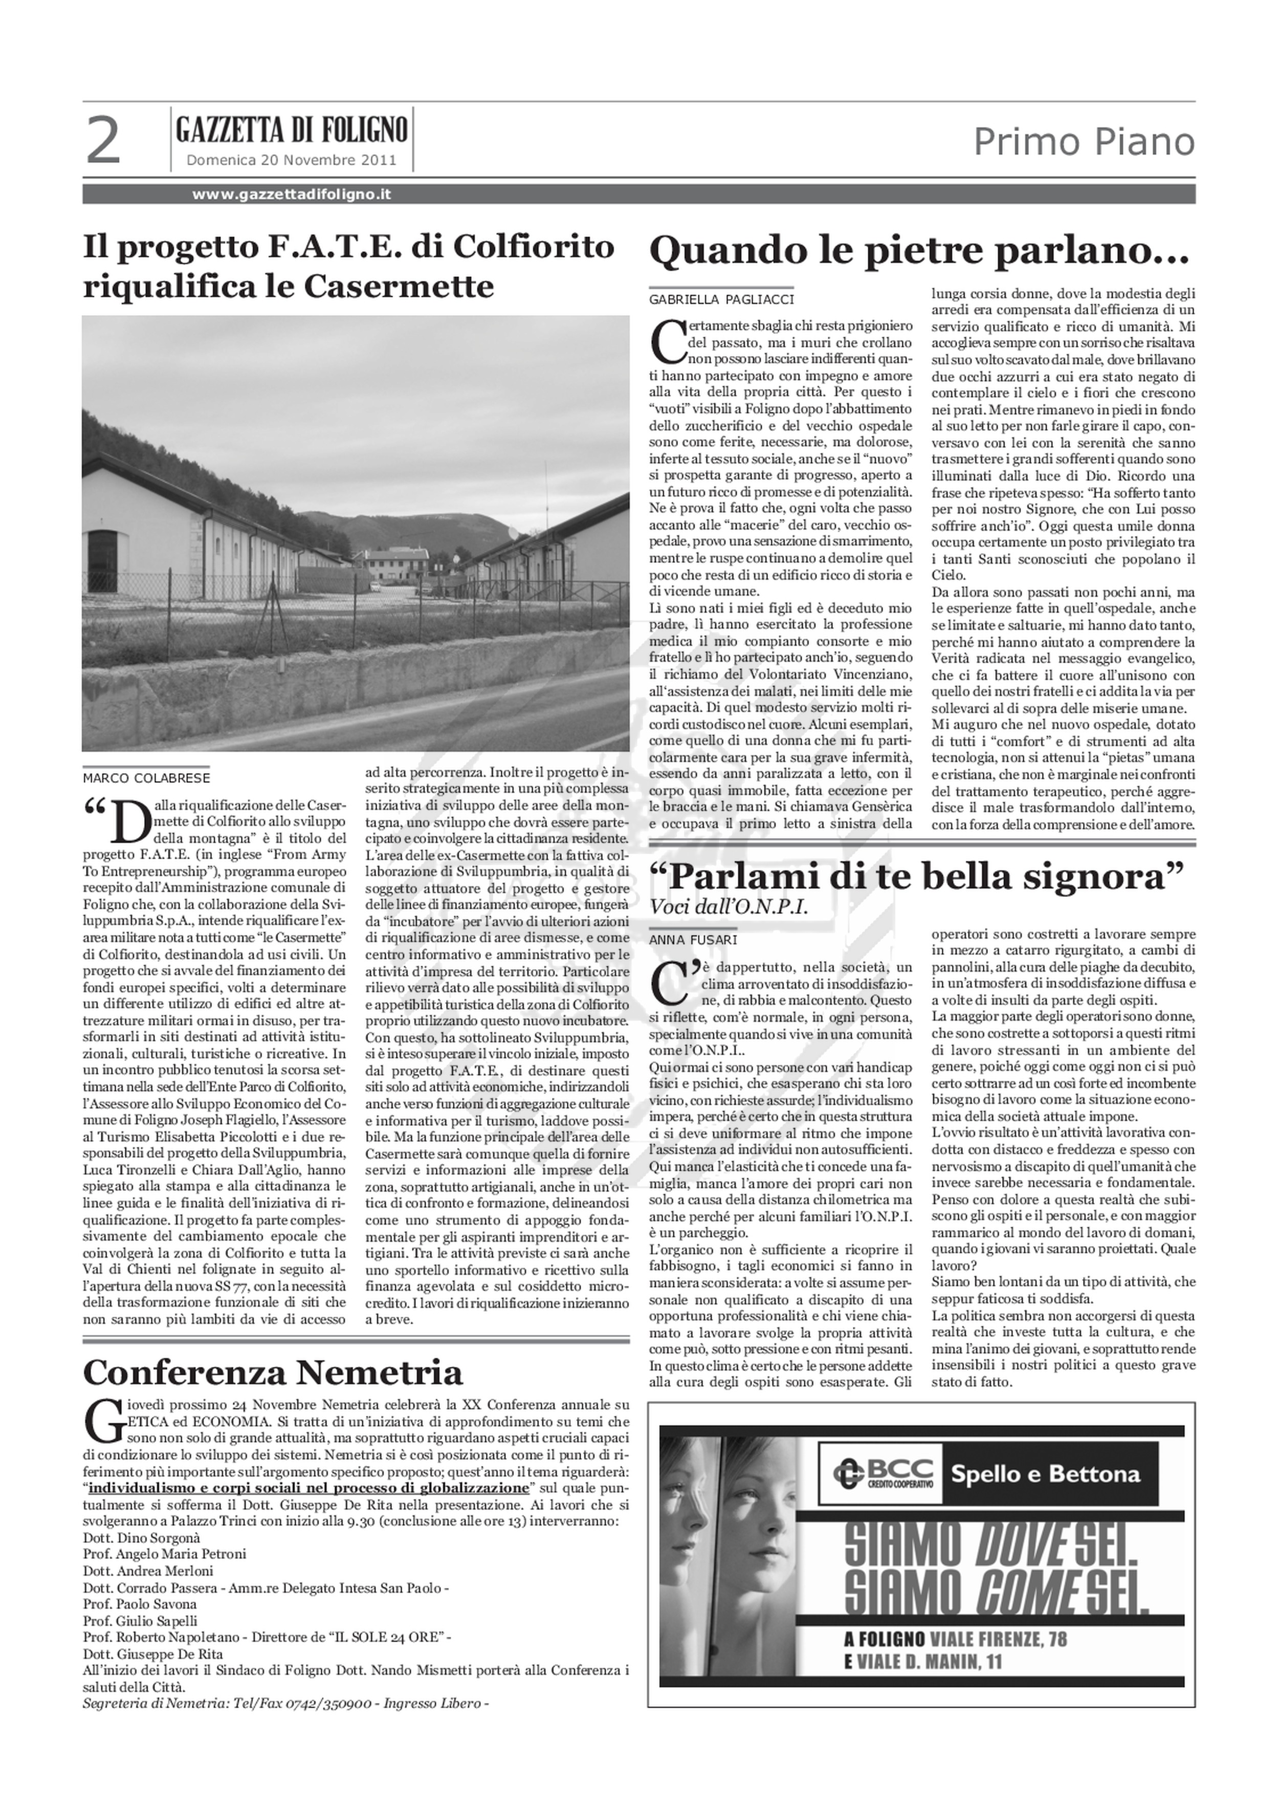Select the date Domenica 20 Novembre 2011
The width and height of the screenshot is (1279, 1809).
pos(291,160)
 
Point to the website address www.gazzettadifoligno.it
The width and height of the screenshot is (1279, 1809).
pos(292,194)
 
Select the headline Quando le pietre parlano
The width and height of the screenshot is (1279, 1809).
pos(917,251)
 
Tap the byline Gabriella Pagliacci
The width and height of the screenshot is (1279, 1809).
pos(721,299)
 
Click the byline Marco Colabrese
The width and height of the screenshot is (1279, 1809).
pos(146,778)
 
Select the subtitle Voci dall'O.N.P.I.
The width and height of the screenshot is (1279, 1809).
pos(729,907)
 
